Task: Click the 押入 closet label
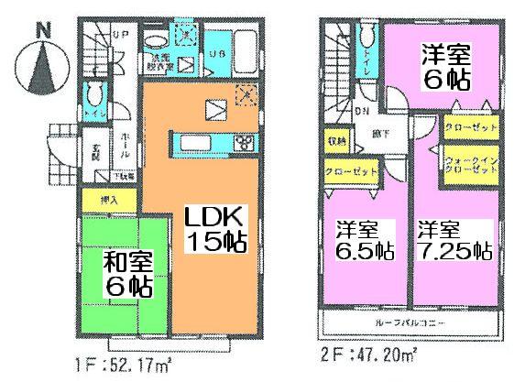[x=108, y=199]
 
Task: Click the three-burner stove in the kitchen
[x=245, y=142]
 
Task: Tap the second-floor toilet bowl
[x=366, y=36]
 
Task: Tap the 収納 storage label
[x=336, y=142]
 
